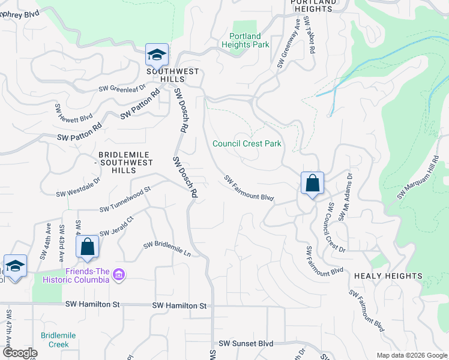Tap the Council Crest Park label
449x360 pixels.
tap(247, 143)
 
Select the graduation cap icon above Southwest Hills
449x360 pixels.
tap(157, 56)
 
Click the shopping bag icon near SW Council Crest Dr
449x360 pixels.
tap(312, 183)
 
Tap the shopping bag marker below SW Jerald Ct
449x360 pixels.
tap(87, 247)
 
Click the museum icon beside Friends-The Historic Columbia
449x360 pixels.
tap(119, 275)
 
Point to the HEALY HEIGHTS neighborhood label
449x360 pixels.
tap(388, 275)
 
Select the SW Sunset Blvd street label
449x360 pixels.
tap(246, 344)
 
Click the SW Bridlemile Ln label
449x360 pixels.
tap(167, 250)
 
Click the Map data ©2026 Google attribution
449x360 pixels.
tap(412, 355)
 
